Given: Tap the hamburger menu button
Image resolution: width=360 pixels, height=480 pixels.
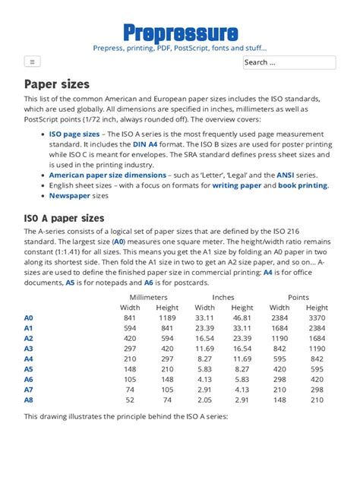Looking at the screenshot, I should point(31,62).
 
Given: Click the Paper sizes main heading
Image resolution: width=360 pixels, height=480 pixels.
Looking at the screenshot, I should point(57,84).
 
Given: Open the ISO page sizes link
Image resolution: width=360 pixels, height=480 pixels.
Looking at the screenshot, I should point(74,133).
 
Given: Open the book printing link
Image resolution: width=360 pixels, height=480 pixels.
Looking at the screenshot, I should point(302,185).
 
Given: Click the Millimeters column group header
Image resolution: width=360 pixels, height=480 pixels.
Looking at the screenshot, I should point(150,297).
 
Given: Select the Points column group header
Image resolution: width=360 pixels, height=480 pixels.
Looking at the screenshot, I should point(298,297).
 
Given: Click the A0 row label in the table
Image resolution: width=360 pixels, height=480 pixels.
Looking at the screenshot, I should point(29,317).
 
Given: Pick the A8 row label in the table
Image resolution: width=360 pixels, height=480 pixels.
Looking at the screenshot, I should point(29,399).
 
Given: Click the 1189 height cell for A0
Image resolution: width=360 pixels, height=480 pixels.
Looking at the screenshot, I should point(167,317).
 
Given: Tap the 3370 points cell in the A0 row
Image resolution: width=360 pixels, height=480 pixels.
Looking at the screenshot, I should point(317,317).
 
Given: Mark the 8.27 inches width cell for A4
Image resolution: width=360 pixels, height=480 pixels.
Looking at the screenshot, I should point(204,358).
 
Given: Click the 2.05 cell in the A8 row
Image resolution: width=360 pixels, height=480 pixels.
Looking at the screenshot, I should point(204,399).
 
